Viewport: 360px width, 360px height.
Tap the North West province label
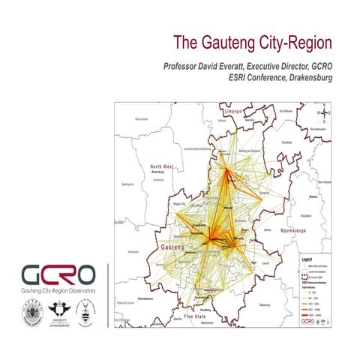[161, 166]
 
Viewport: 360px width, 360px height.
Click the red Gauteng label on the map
[174, 247]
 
